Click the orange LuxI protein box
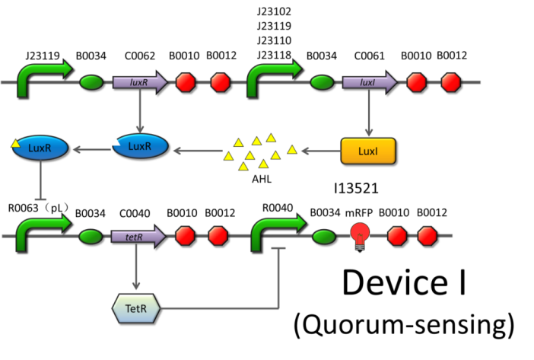(x=368, y=151)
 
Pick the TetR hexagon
(x=135, y=308)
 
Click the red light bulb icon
(x=360, y=235)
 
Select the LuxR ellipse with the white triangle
(x=140, y=146)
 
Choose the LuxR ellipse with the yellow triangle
(x=40, y=148)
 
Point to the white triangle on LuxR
(x=115, y=141)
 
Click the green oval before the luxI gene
(x=322, y=82)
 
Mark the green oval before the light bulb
(x=323, y=237)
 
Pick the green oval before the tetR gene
(x=91, y=237)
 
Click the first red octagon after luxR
(x=185, y=82)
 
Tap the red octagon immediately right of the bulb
(x=396, y=236)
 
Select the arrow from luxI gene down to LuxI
(x=368, y=114)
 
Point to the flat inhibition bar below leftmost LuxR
(x=40, y=199)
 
